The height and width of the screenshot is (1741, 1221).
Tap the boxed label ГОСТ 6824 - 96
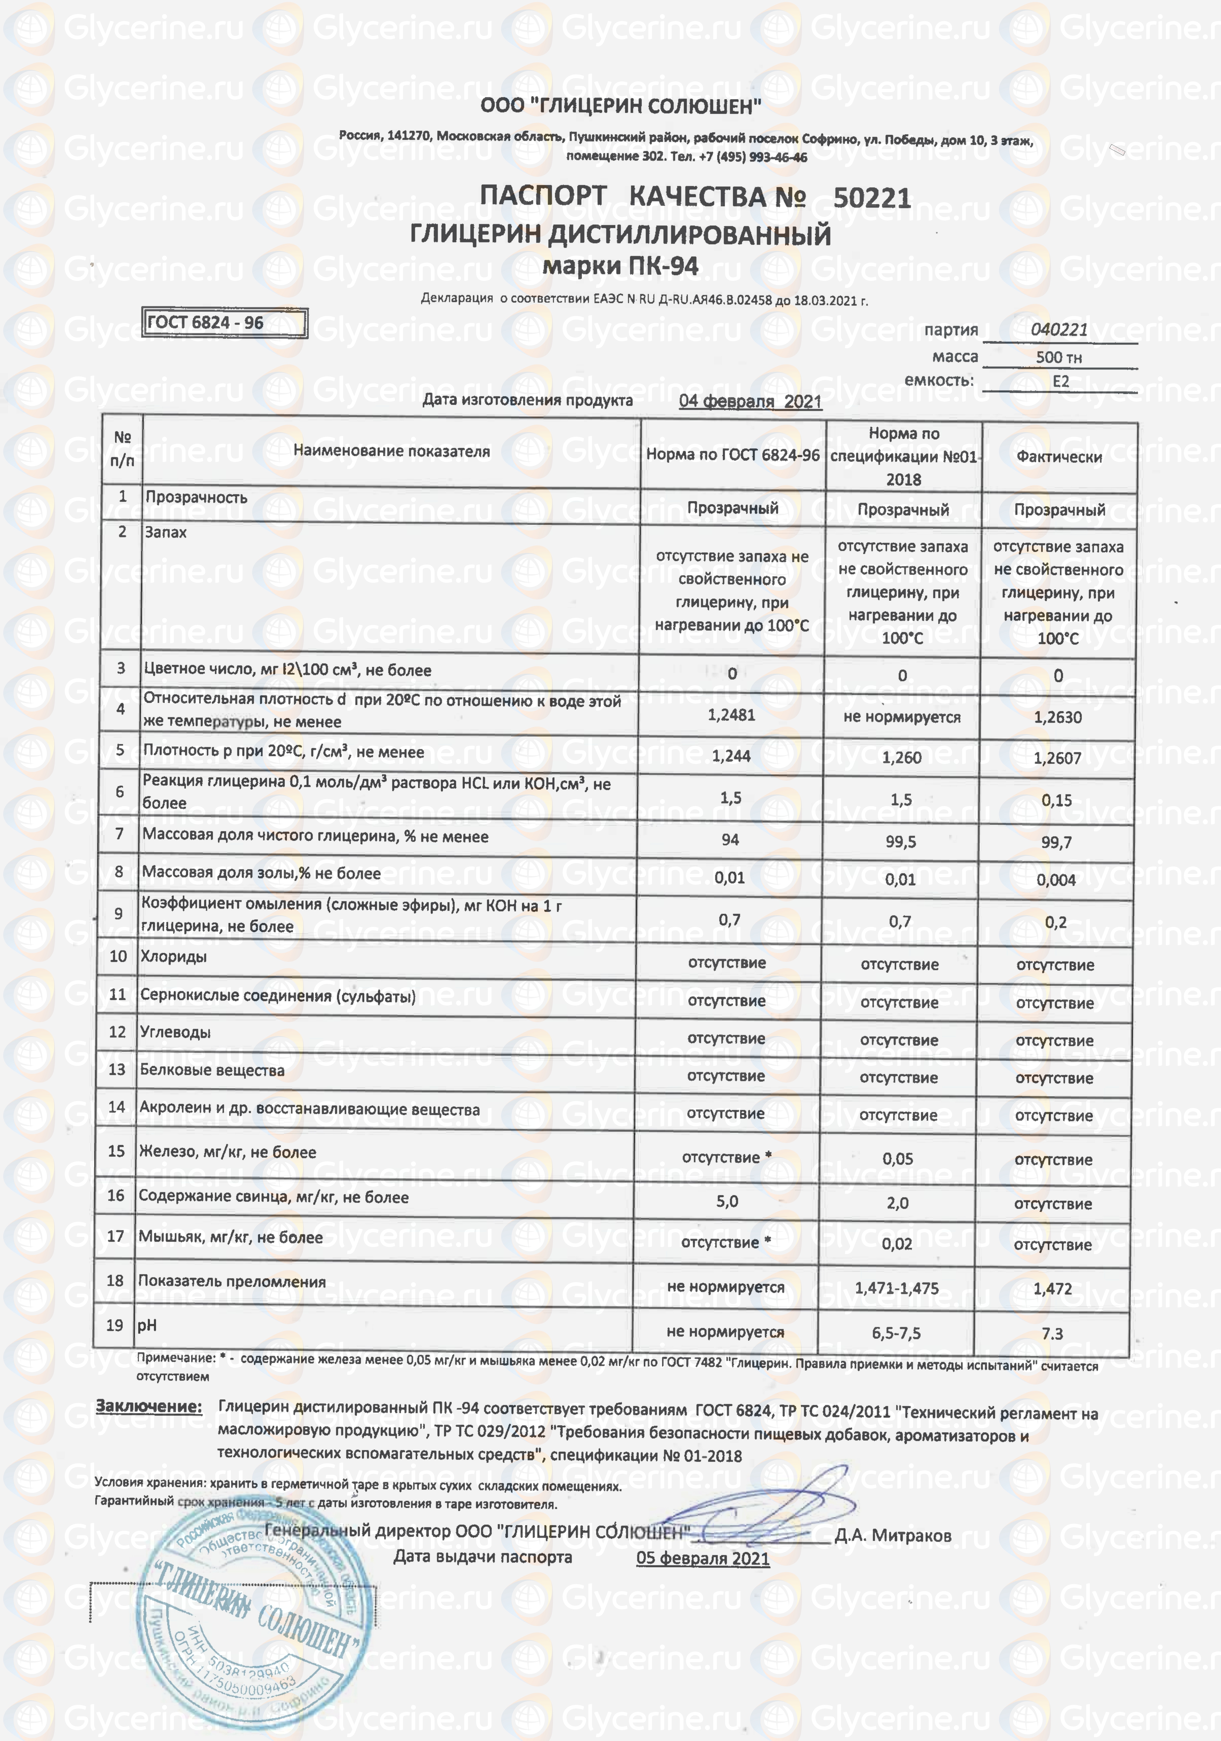[205, 322]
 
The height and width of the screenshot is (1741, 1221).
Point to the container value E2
[1060, 381]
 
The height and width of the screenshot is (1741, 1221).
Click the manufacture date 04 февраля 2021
[750, 401]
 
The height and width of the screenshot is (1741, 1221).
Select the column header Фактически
[1059, 456]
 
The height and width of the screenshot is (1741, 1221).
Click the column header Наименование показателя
[391, 451]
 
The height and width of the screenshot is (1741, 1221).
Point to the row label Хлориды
[174, 956]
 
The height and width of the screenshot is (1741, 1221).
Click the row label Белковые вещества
[212, 1070]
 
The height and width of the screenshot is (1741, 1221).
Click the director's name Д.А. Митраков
[893, 1536]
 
